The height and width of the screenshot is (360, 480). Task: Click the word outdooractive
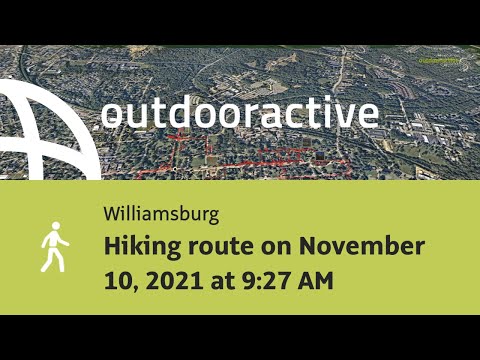click(x=240, y=113)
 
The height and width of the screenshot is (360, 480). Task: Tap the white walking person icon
click(x=53, y=248)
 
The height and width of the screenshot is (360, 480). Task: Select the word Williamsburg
click(x=160, y=214)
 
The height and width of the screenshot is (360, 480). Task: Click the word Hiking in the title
click(x=141, y=246)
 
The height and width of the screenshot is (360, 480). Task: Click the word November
click(x=362, y=246)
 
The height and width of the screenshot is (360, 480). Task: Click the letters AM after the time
click(x=316, y=281)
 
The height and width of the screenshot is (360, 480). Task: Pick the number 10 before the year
click(x=115, y=281)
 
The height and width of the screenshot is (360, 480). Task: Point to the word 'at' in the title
click(x=218, y=281)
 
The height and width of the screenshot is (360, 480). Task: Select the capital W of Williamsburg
click(x=110, y=214)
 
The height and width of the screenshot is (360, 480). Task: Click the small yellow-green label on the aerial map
click(x=439, y=60)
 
